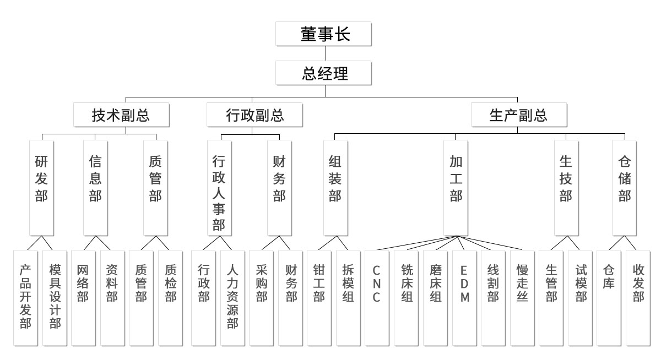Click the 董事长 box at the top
[325, 35]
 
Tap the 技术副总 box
[122, 115]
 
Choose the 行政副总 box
[254, 115]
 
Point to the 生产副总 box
[518, 115]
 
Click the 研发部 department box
[41, 187]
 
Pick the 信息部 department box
[95, 187]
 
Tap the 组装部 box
[335, 187]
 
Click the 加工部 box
[456, 187]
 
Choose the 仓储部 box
[624, 187]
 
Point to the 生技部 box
[566, 187]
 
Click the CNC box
[377, 297]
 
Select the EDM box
[464, 297]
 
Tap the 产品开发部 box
[25, 297]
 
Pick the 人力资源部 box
[232, 297]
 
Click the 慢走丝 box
[522, 297]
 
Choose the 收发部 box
[638, 297]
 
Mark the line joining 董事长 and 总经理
[325, 53]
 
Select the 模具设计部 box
[55, 297]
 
